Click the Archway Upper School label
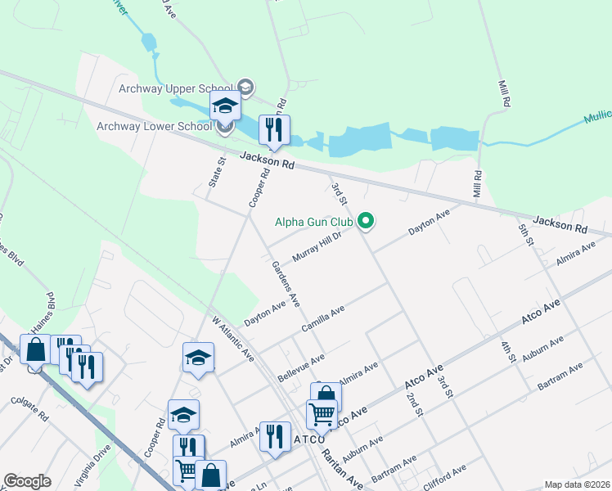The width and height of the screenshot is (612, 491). pos(175,88)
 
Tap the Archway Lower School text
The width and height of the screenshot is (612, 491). pos(154,126)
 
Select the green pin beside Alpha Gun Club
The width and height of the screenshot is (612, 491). pos(367,221)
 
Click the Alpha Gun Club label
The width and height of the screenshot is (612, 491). pos(313,222)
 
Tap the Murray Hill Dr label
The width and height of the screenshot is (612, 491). pos(316,245)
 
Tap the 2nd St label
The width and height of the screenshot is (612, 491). pos(414,403)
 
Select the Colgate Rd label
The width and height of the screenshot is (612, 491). pos(29,410)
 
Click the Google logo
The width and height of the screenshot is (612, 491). pos(27,481)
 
